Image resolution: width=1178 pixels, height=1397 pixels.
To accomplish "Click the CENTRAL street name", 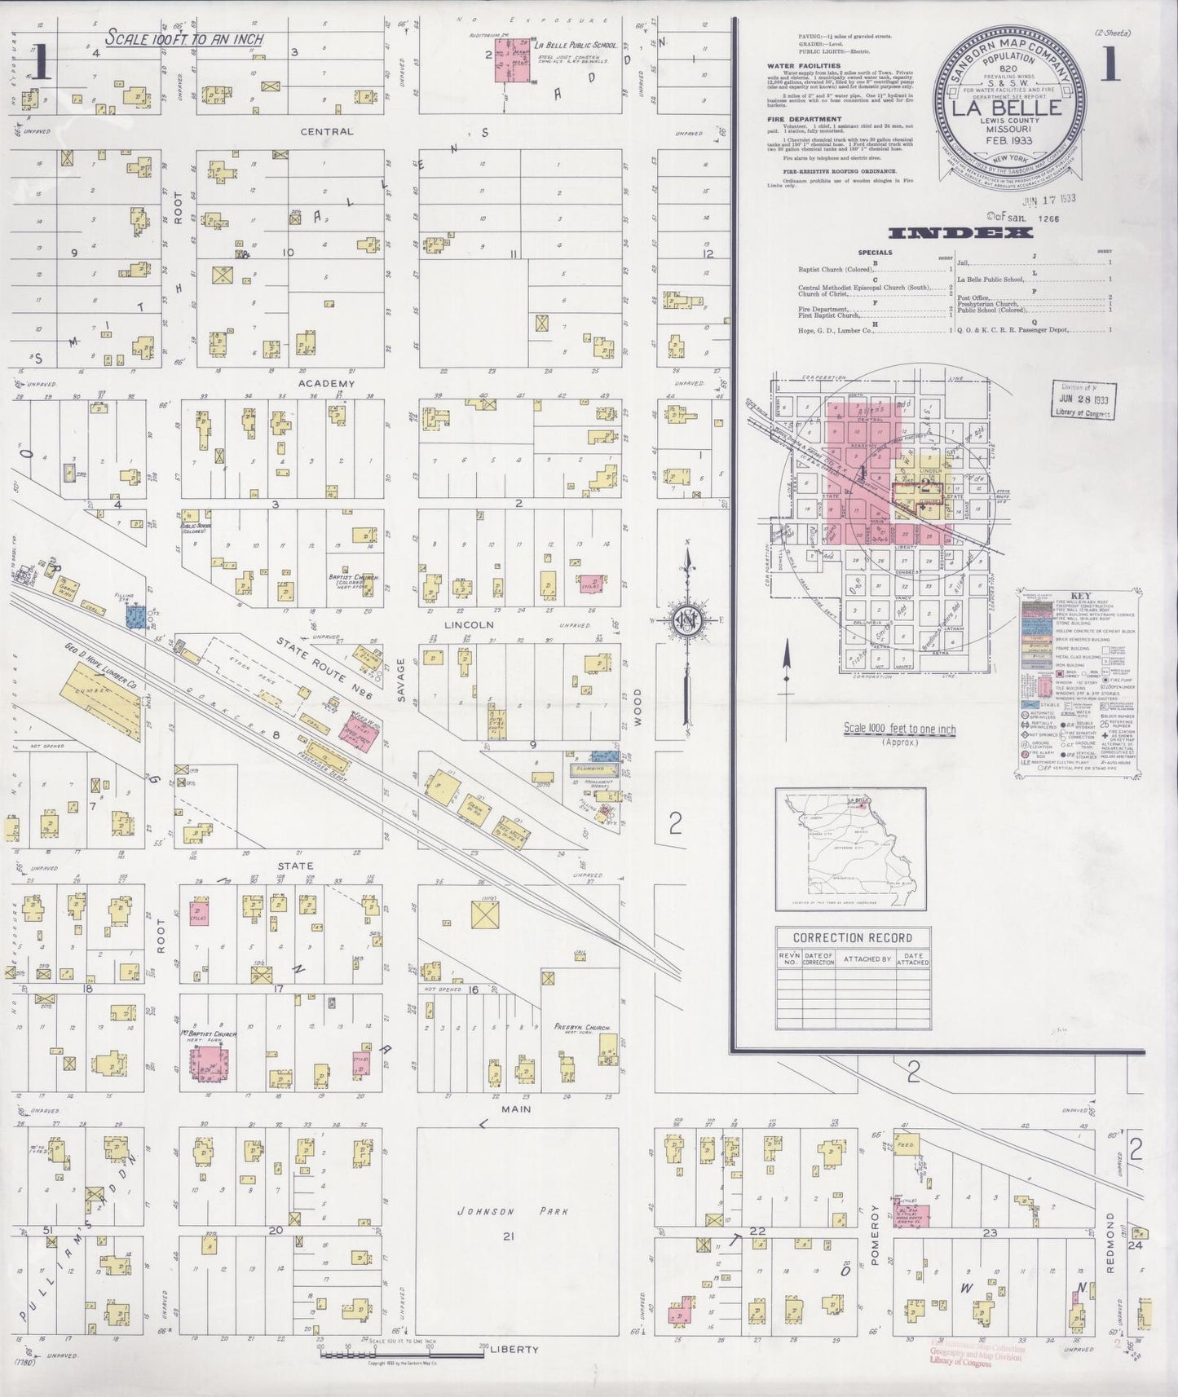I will click(326, 131).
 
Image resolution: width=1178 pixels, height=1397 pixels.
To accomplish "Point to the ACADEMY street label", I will click(326, 384).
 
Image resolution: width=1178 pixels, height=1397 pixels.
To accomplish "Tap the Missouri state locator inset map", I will click(849, 848).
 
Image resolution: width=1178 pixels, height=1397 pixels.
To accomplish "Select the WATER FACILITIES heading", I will click(803, 67).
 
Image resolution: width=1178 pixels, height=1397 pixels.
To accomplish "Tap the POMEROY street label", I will click(873, 1234).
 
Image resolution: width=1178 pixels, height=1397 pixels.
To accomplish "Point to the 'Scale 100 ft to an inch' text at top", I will click(183, 38).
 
